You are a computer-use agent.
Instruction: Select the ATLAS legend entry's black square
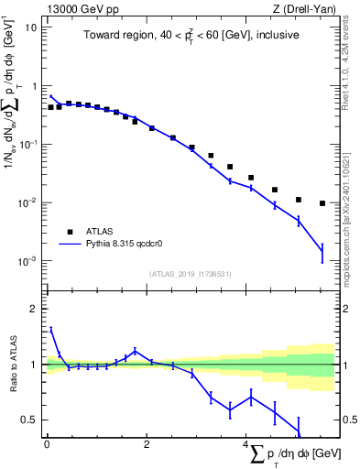[70, 232]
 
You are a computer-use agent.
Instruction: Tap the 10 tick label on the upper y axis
[30, 27]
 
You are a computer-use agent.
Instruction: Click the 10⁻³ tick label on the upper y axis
[28, 261]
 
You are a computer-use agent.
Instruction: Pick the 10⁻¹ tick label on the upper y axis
[28, 144]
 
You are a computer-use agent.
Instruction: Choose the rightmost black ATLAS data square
[322, 203]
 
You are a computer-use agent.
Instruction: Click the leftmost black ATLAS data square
[51, 107]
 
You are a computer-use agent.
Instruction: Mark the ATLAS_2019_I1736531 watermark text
[191, 275]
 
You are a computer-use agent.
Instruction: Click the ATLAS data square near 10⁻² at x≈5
[299, 200]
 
